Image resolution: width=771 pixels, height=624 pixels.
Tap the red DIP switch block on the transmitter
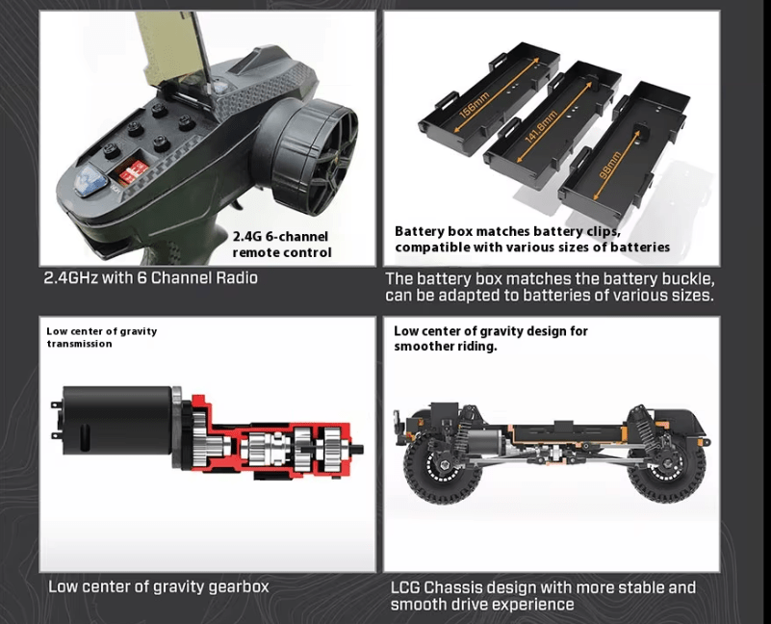130,173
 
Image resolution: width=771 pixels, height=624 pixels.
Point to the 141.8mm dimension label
541,127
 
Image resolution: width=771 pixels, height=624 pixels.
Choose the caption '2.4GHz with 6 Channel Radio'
150,278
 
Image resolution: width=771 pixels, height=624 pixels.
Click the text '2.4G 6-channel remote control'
281,245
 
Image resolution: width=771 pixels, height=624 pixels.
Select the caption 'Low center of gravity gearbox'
158,586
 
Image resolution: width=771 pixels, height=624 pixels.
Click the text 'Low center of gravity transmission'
102,337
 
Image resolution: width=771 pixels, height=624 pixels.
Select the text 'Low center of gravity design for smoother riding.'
491,338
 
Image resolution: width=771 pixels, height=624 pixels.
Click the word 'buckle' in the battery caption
687,279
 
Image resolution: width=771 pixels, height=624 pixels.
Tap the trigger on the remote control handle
240,201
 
